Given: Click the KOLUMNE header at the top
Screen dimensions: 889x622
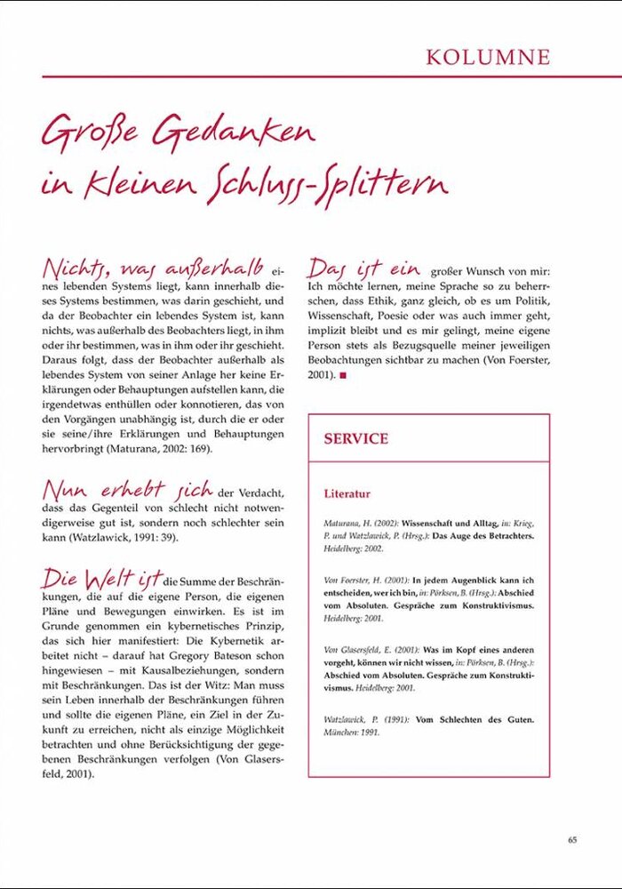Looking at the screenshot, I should [x=488, y=58].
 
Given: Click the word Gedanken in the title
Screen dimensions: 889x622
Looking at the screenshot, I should [x=234, y=133].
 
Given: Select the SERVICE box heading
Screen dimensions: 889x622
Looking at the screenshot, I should [x=355, y=438].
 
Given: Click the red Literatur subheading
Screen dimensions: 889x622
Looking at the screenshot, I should [x=347, y=493].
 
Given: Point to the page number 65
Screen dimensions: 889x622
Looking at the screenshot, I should [x=572, y=838].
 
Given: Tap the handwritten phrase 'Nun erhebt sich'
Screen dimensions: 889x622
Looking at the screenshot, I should [x=127, y=489].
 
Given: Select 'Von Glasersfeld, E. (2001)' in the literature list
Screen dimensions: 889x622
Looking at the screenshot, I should [x=366, y=651].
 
